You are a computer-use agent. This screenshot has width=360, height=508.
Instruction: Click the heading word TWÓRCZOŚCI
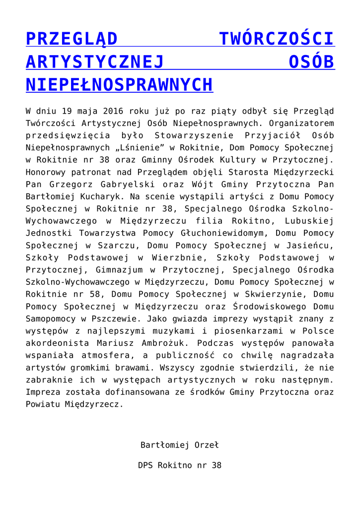pos(277,39)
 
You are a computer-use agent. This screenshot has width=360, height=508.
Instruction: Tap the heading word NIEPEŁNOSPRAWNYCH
pos(119,85)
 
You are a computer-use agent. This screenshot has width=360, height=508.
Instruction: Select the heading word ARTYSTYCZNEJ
pos(95,62)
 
